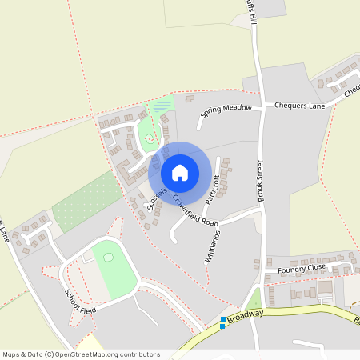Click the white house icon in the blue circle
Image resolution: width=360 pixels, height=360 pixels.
tap(180, 172)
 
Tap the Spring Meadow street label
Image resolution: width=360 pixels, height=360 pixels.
tap(226, 111)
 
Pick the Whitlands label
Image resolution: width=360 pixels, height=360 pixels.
tap(213, 246)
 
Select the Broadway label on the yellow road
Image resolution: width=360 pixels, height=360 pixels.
tap(244, 316)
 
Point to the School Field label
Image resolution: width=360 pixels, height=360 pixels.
tap(80, 299)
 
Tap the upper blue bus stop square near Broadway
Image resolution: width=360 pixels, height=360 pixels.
tap(223, 319)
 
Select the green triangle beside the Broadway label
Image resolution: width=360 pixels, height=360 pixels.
tap(254, 298)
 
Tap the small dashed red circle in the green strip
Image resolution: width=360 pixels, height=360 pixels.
tap(150, 142)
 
